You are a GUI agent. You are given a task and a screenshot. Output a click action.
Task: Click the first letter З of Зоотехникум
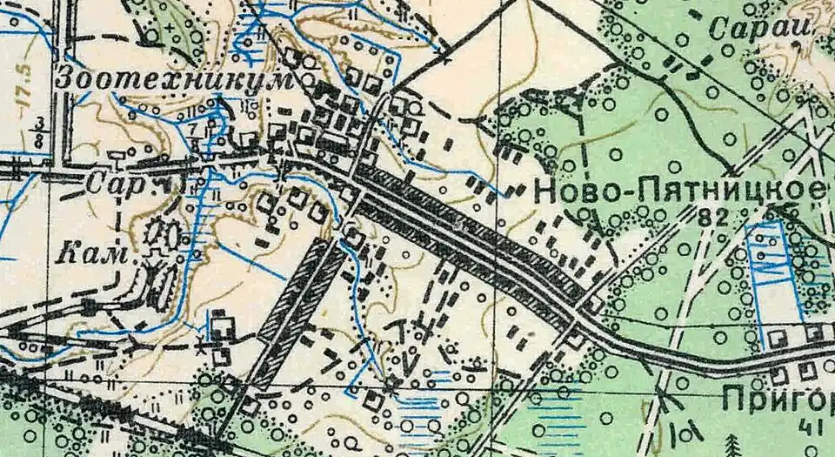[63, 78]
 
